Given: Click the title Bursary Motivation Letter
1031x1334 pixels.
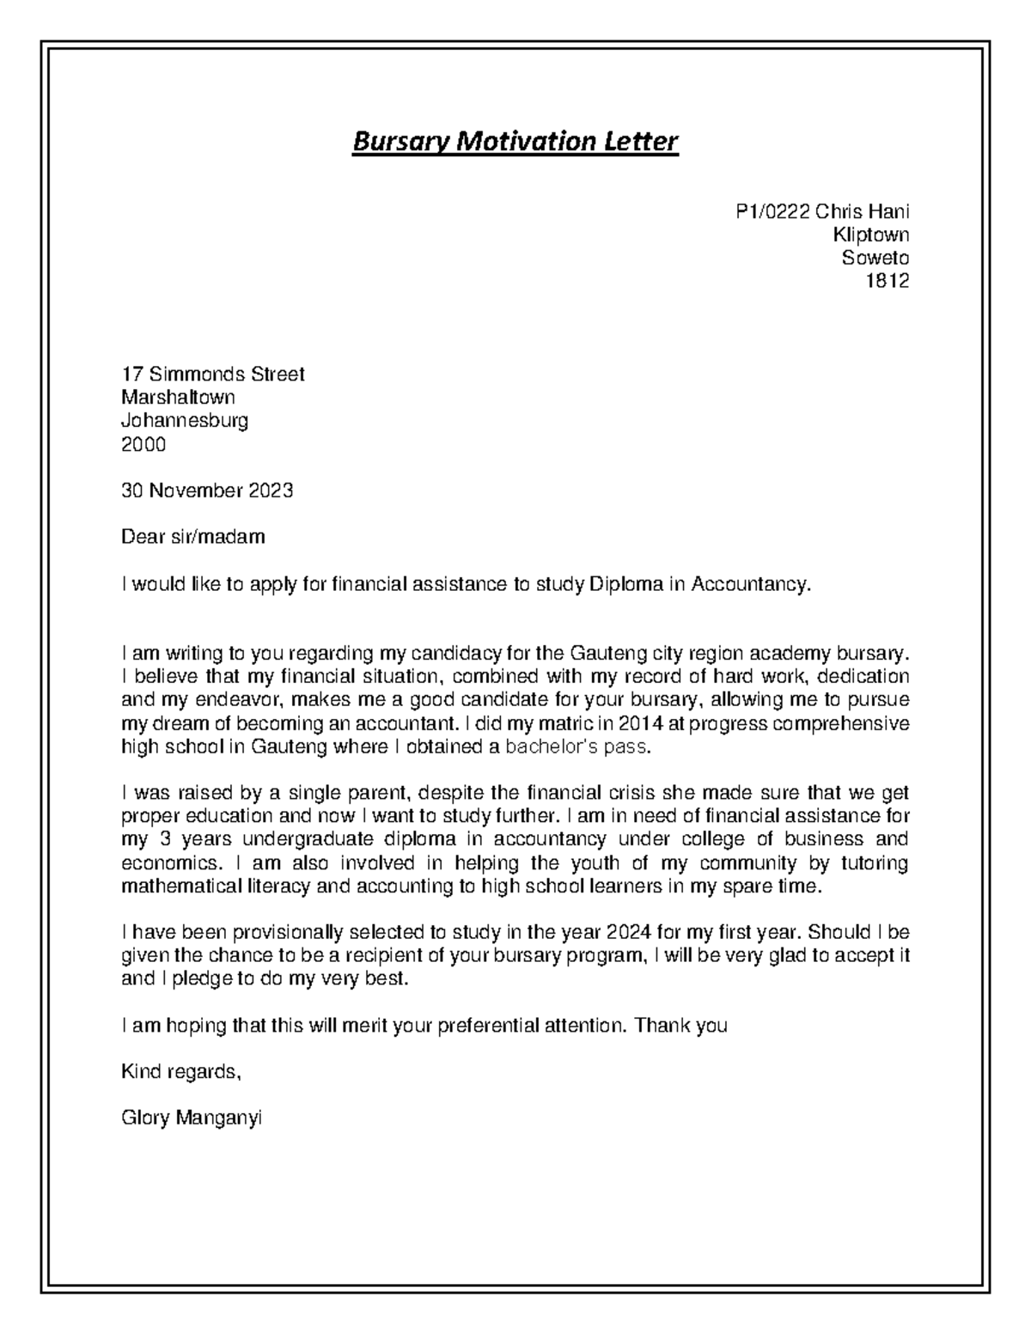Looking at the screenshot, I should tap(515, 141).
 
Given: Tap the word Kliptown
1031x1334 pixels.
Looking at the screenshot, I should tap(870, 235).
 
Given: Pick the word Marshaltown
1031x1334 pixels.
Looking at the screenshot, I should tap(178, 398).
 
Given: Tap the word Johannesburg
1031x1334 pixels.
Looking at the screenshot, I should tap(185, 421).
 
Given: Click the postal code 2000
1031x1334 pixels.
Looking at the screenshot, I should tap(143, 444).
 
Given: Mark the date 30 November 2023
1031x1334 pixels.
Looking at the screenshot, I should tap(207, 490).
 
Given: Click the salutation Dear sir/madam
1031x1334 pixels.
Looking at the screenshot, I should tap(193, 537).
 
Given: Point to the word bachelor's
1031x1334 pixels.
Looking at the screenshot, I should tap(551, 746).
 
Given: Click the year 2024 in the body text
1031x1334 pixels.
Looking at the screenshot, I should tap(629, 932).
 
